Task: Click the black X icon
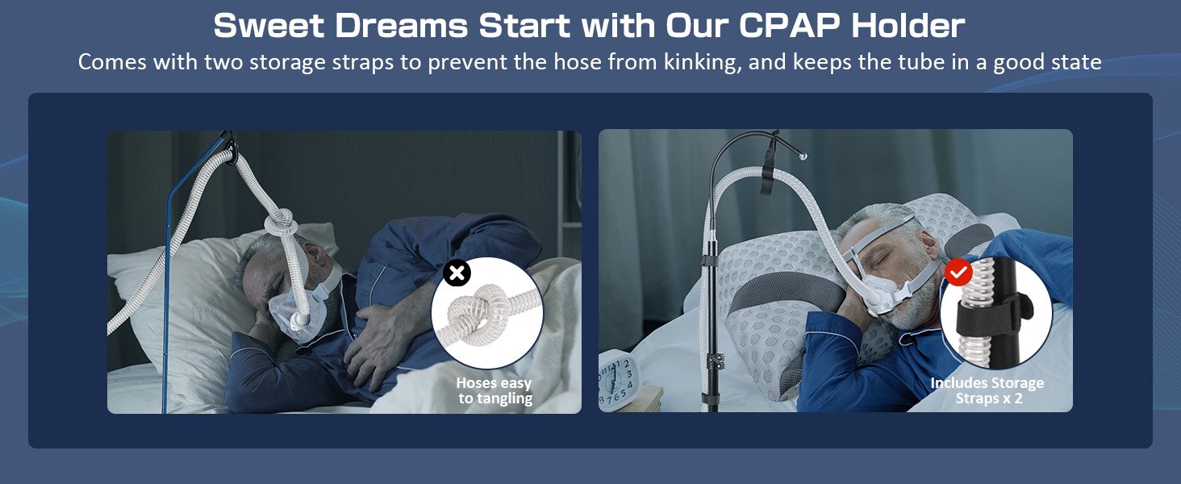[457, 273]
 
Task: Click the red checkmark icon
[958, 273]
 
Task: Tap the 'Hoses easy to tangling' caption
[495, 390]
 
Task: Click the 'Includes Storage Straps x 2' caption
[987, 390]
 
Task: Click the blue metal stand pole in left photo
[167, 307]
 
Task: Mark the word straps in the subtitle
[353, 62]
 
